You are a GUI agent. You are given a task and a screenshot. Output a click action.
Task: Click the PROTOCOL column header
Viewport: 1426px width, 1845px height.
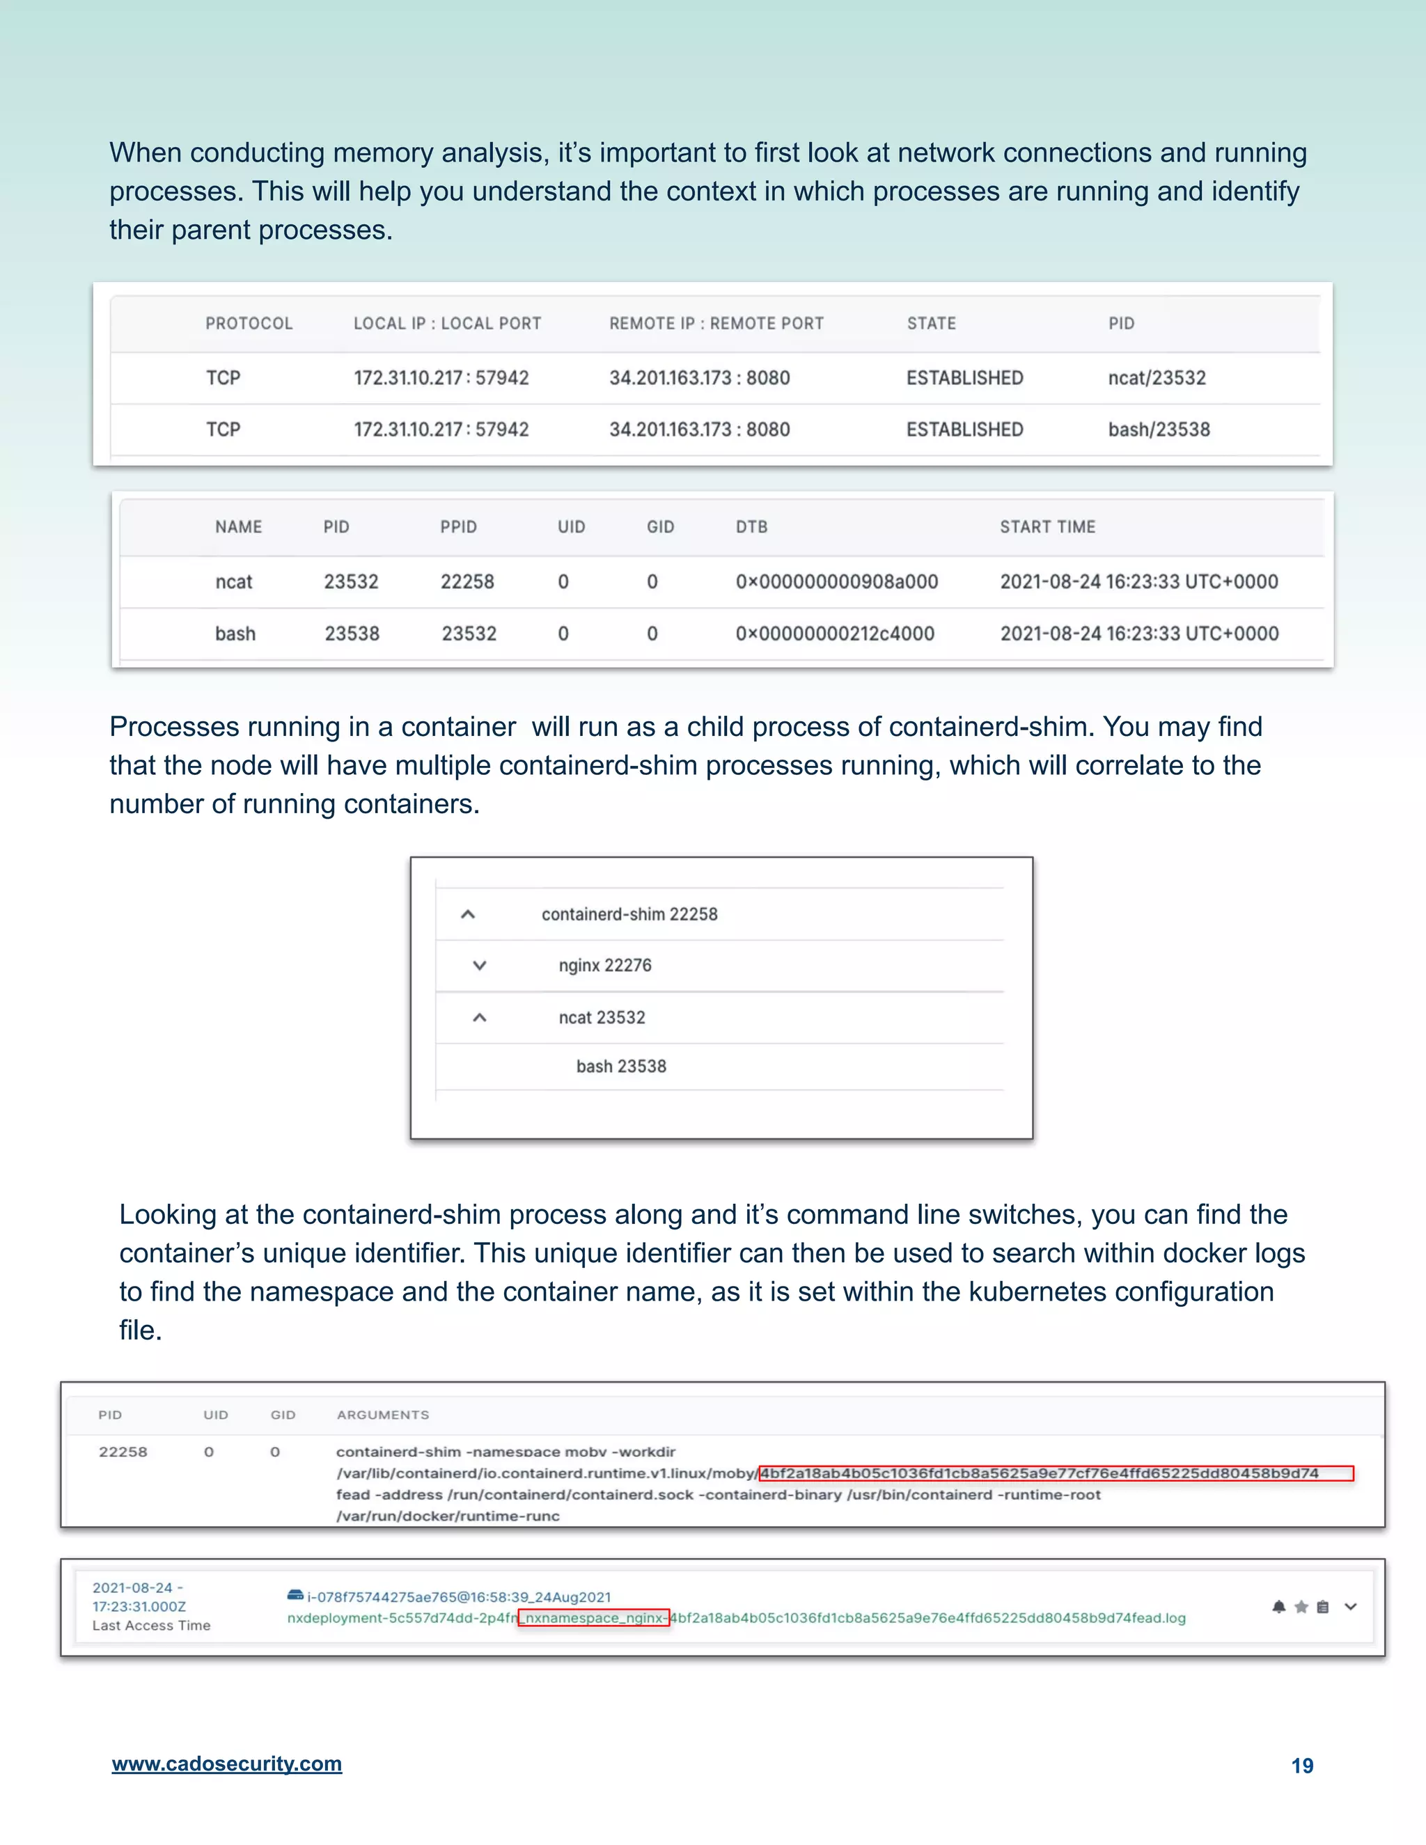tap(249, 324)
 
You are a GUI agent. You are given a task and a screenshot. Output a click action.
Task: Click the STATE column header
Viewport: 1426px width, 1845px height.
tap(931, 324)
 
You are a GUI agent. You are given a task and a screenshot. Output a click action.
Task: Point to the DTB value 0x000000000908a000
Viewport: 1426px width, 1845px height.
tap(836, 581)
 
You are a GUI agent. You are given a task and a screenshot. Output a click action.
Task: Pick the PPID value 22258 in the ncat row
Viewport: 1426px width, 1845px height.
tap(467, 581)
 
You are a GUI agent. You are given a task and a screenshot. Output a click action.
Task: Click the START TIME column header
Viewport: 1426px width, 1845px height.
tap(1047, 527)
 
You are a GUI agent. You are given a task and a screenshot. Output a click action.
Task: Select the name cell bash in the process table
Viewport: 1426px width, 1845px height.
tap(235, 634)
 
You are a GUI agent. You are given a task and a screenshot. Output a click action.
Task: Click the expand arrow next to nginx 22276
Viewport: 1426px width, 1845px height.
tap(479, 966)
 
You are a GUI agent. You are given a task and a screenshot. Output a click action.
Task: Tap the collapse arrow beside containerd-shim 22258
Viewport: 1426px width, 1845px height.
tap(467, 914)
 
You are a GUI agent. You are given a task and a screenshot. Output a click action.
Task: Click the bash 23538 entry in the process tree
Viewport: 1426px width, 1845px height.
tap(621, 1066)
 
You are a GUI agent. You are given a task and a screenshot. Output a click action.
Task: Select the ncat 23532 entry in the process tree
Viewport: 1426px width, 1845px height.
tap(602, 1017)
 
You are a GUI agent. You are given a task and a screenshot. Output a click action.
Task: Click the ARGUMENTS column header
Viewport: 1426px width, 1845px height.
tap(383, 1415)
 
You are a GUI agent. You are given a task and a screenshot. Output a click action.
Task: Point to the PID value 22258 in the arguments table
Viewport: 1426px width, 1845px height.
tap(123, 1452)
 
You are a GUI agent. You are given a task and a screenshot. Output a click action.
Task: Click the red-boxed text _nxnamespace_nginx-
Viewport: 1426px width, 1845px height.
tap(593, 1618)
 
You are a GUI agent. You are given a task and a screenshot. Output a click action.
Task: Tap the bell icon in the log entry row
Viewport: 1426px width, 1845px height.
tap(1278, 1607)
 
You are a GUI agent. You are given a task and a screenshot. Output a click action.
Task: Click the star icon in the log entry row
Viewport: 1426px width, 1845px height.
tap(1301, 1607)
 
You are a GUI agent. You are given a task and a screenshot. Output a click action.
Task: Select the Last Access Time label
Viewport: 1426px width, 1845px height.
tap(151, 1626)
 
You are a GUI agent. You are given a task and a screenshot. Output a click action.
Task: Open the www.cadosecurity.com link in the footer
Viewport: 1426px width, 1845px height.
tap(226, 1764)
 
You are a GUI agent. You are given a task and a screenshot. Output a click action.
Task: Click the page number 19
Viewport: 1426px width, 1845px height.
tap(1302, 1766)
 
